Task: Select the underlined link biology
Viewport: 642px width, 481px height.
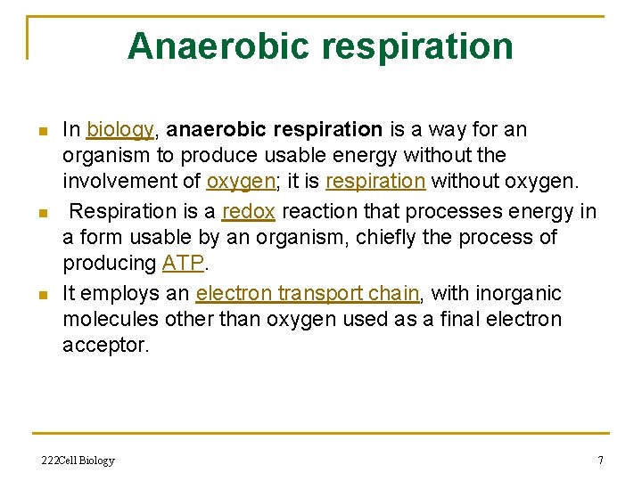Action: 120,130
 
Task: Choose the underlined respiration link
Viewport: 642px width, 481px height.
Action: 375,182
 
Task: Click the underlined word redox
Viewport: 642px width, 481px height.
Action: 248,211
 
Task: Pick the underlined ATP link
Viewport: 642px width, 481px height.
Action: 182,264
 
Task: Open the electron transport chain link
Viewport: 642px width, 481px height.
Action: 308,293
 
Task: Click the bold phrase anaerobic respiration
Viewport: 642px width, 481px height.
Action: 275,130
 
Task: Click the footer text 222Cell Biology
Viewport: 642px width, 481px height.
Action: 78,461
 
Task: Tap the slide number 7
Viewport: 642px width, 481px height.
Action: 600,461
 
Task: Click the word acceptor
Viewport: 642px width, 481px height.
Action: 105,346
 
